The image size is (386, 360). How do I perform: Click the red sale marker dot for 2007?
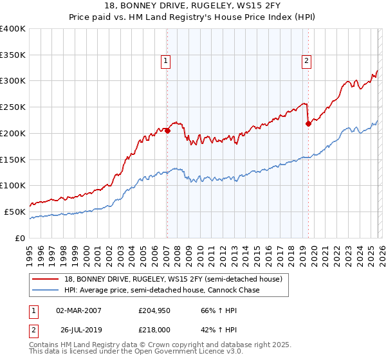(167, 130)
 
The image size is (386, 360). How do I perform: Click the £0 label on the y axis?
(20, 238)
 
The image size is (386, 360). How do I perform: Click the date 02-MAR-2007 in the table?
(79, 310)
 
